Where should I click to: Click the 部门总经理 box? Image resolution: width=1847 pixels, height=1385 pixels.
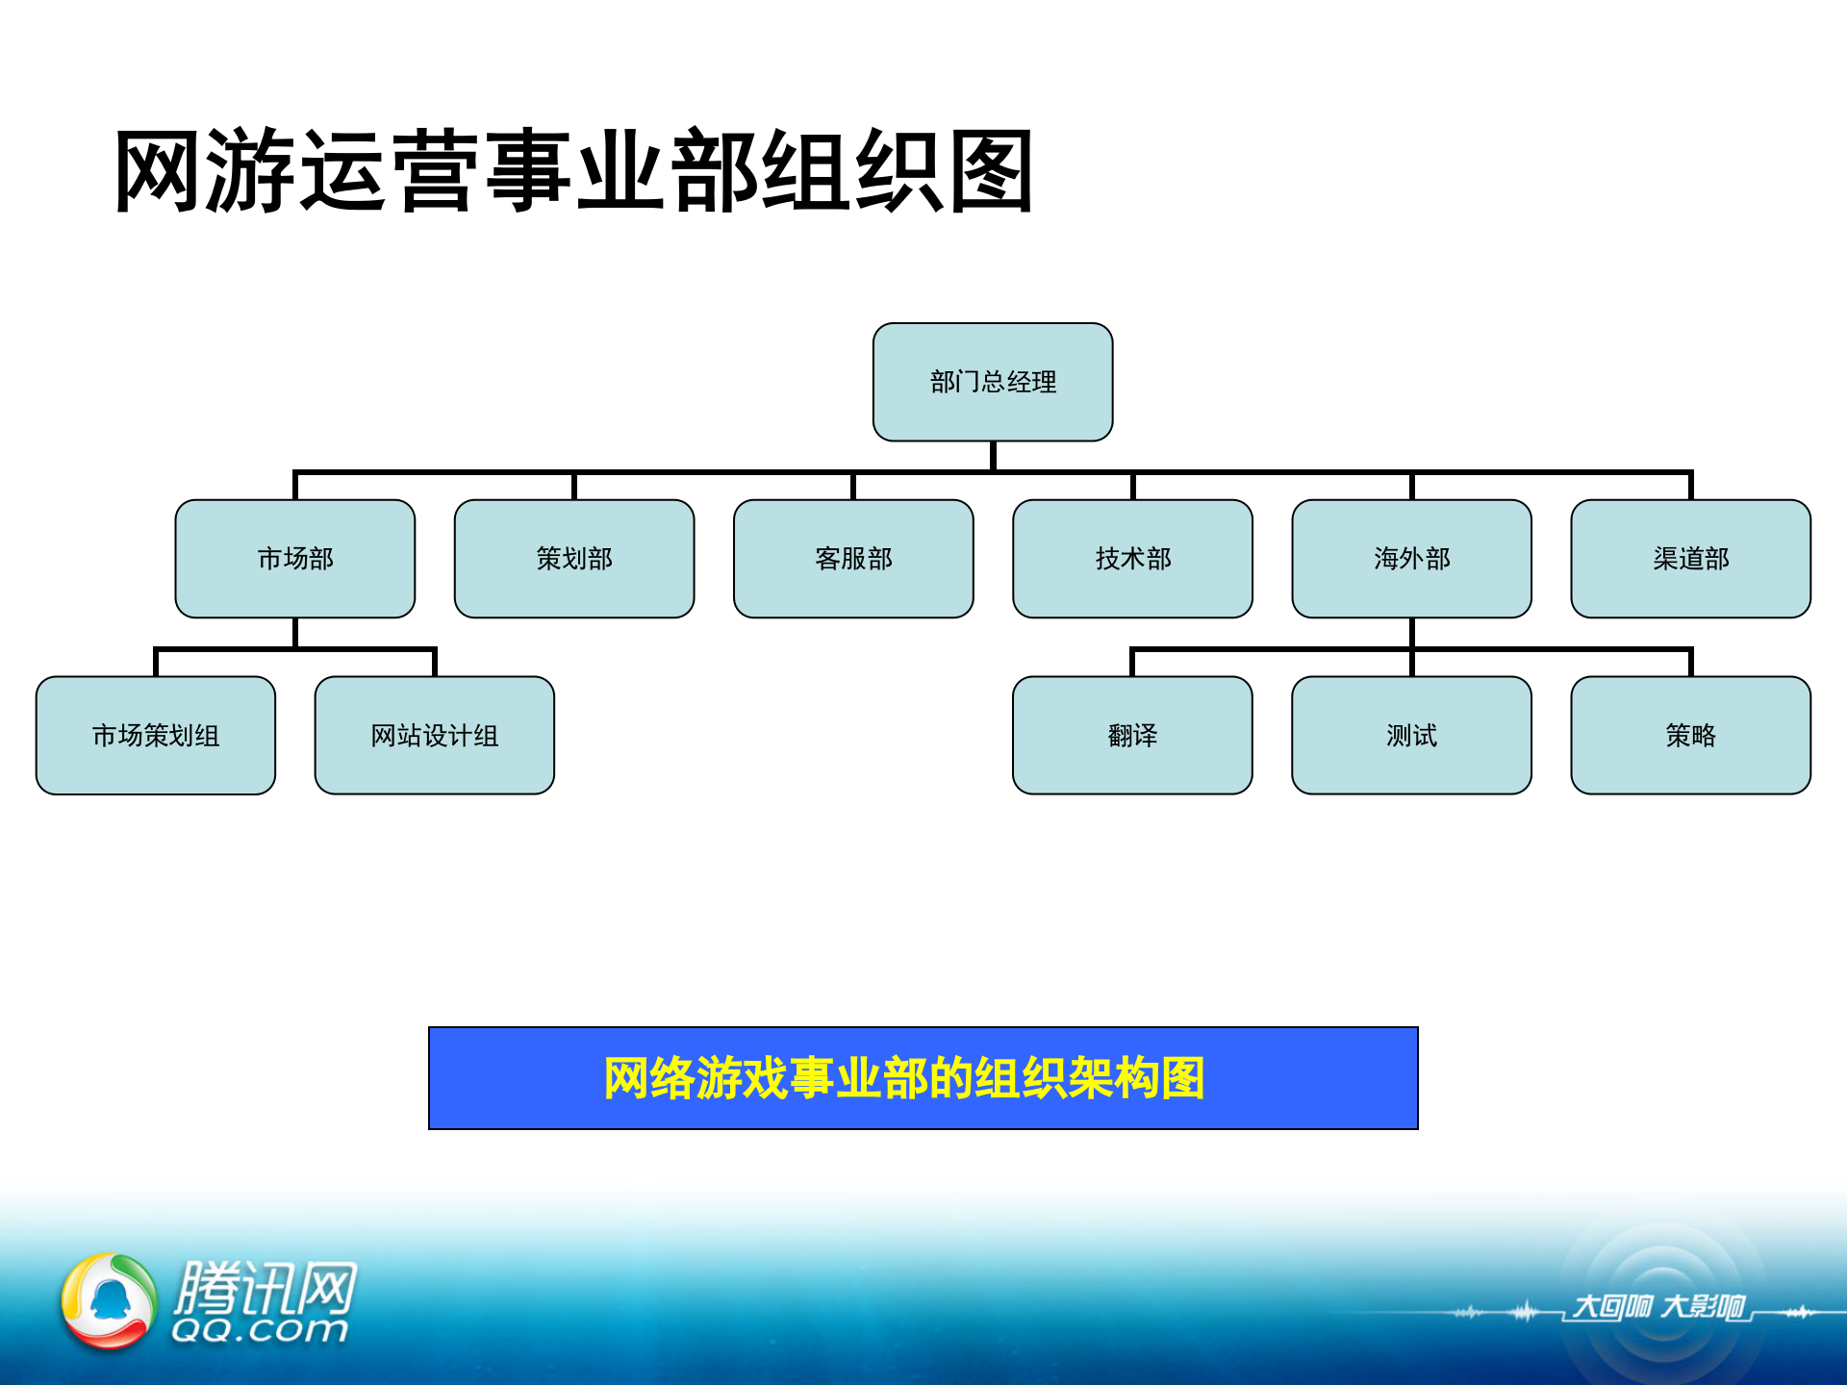tap(993, 382)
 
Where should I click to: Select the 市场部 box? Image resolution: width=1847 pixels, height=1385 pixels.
tap(295, 559)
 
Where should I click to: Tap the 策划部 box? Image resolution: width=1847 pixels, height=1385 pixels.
tap(574, 559)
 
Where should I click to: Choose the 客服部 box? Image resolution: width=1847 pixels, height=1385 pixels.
tap(853, 559)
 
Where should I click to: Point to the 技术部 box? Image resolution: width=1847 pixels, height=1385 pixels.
tap(1132, 559)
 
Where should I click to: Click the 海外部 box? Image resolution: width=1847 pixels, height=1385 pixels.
tap(1411, 559)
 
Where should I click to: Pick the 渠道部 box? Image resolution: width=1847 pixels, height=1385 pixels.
tap(1690, 559)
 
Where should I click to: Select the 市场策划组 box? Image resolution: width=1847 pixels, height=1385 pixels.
tap(156, 736)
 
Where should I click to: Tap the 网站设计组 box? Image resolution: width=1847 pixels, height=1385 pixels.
tap(435, 736)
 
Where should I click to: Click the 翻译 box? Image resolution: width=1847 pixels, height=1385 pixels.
tap(1132, 736)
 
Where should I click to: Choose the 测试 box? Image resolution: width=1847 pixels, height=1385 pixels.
tap(1411, 736)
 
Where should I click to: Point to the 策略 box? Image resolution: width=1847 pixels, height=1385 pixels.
tap(1690, 736)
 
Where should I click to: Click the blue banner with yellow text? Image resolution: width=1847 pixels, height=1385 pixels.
tap(923, 1078)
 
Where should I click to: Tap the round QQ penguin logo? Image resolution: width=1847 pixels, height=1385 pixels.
tap(109, 1300)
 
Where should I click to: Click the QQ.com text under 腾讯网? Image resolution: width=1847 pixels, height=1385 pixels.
tap(260, 1330)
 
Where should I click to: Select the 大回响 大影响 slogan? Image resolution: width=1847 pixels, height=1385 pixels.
tap(1658, 1306)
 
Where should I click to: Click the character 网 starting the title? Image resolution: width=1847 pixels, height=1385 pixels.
tap(159, 172)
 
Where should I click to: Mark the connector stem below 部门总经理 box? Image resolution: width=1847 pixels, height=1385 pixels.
tap(993, 456)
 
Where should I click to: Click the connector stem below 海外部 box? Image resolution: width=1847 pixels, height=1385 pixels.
tap(1411, 633)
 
